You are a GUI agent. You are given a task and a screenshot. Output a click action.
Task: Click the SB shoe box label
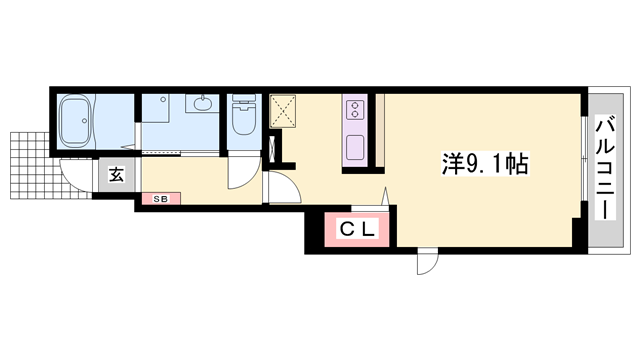coord(160,198)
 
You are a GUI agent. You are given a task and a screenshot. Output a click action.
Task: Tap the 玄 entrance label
coord(115,175)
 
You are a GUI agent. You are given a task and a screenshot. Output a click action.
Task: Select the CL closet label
coord(355,230)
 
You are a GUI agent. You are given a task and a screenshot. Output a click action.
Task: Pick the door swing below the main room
coord(427,262)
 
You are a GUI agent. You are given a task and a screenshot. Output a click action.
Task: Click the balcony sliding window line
coord(583,165)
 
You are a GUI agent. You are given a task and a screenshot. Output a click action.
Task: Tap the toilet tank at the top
coord(243,100)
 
